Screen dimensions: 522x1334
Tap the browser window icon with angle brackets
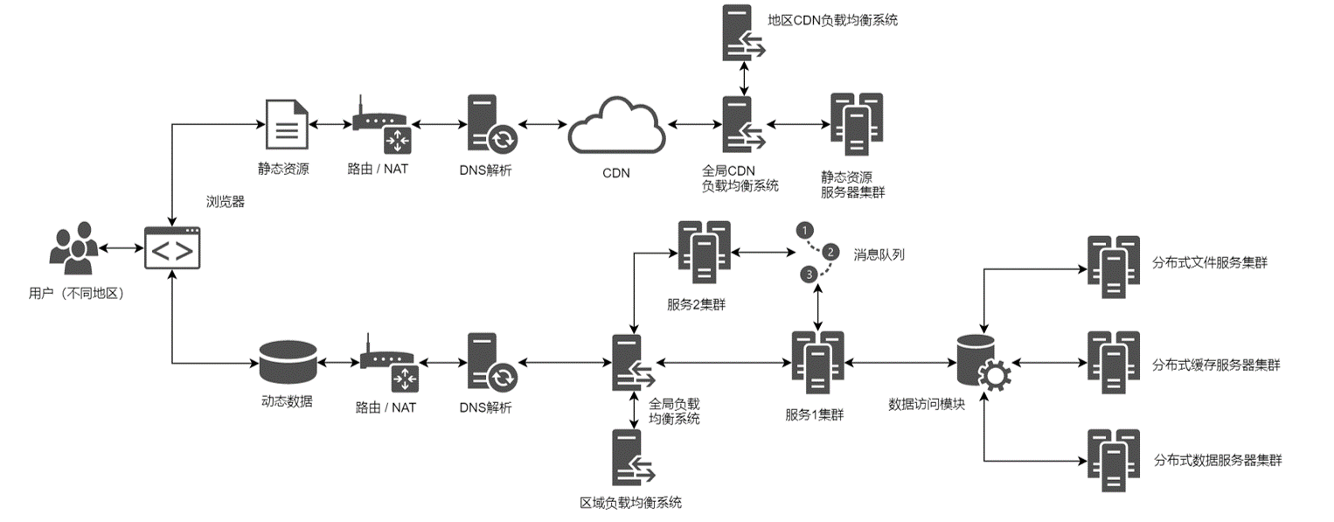pyautogui.click(x=173, y=250)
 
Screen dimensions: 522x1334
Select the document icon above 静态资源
pyautogui.click(x=286, y=126)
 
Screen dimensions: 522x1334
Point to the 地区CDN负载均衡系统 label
pyautogui.click(x=831, y=20)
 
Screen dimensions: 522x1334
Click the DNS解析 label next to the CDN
pyautogui.click(x=485, y=170)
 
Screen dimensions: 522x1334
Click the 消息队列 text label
pyautogui.click(x=879, y=254)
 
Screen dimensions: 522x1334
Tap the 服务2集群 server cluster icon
pyautogui.click(x=704, y=252)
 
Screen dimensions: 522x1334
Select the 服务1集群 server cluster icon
pyautogui.click(x=817, y=362)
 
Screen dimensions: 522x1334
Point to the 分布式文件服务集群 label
pyautogui.click(x=1210, y=262)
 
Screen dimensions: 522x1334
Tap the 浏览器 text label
pyautogui.click(x=225, y=202)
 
